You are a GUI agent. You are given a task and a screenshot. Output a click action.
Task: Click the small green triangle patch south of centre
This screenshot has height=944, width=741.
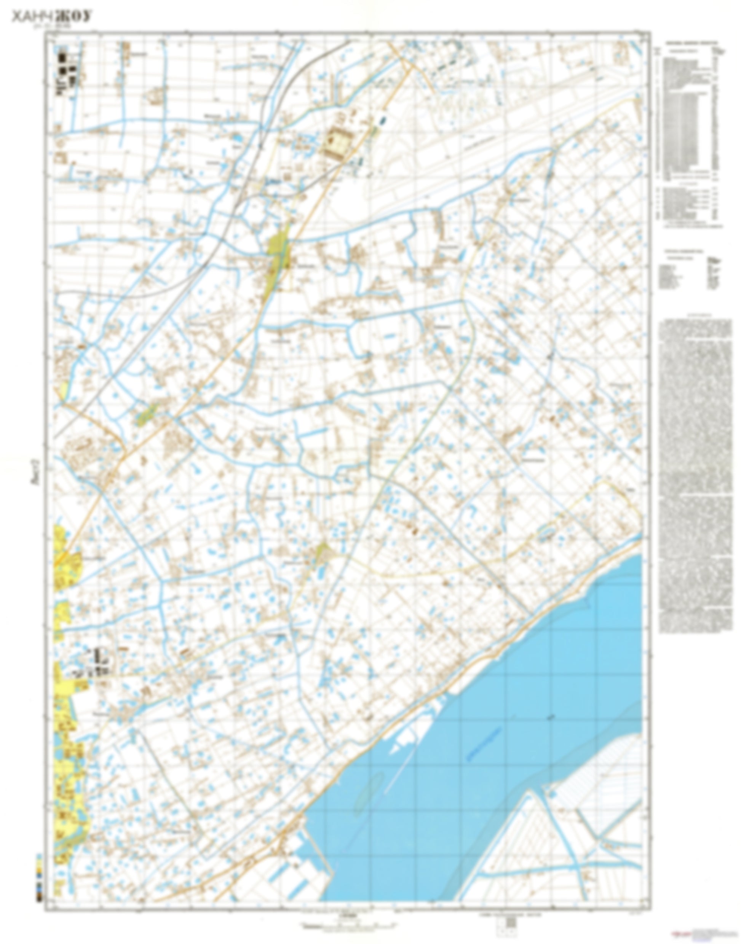pyautogui.click(x=322, y=552)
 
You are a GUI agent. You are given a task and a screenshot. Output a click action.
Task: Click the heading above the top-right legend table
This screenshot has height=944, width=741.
pyautogui.click(x=691, y=43)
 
